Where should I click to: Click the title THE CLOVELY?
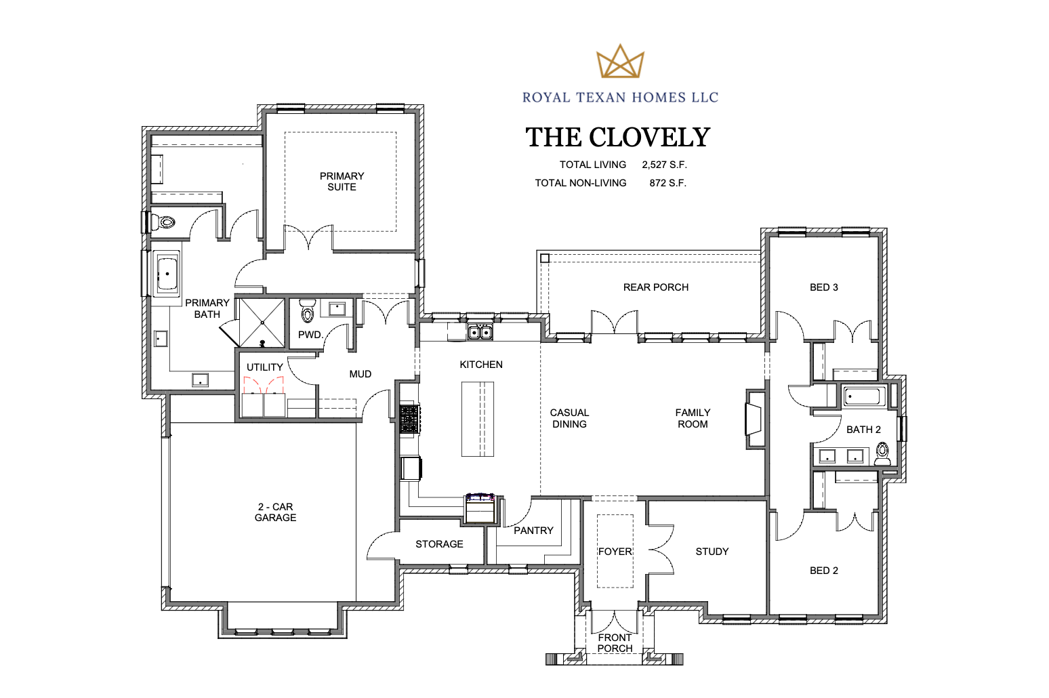618,138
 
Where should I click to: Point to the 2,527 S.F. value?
664,165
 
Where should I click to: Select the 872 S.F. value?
667,183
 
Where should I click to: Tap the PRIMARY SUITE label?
342,182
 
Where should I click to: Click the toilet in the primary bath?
163,222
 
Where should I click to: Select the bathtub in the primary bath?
167,274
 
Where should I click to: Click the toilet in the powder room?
307,310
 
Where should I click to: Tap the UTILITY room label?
265,367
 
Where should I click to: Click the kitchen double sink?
480,332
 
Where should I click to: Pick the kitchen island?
478,419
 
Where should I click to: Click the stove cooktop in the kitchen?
409,419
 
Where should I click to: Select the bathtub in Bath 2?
864,396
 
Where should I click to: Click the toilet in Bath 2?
882,453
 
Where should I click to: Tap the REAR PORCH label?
656,287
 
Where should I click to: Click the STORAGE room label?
439,544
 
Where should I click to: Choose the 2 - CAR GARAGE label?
275,512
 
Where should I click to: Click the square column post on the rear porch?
545,258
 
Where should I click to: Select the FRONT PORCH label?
615,643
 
